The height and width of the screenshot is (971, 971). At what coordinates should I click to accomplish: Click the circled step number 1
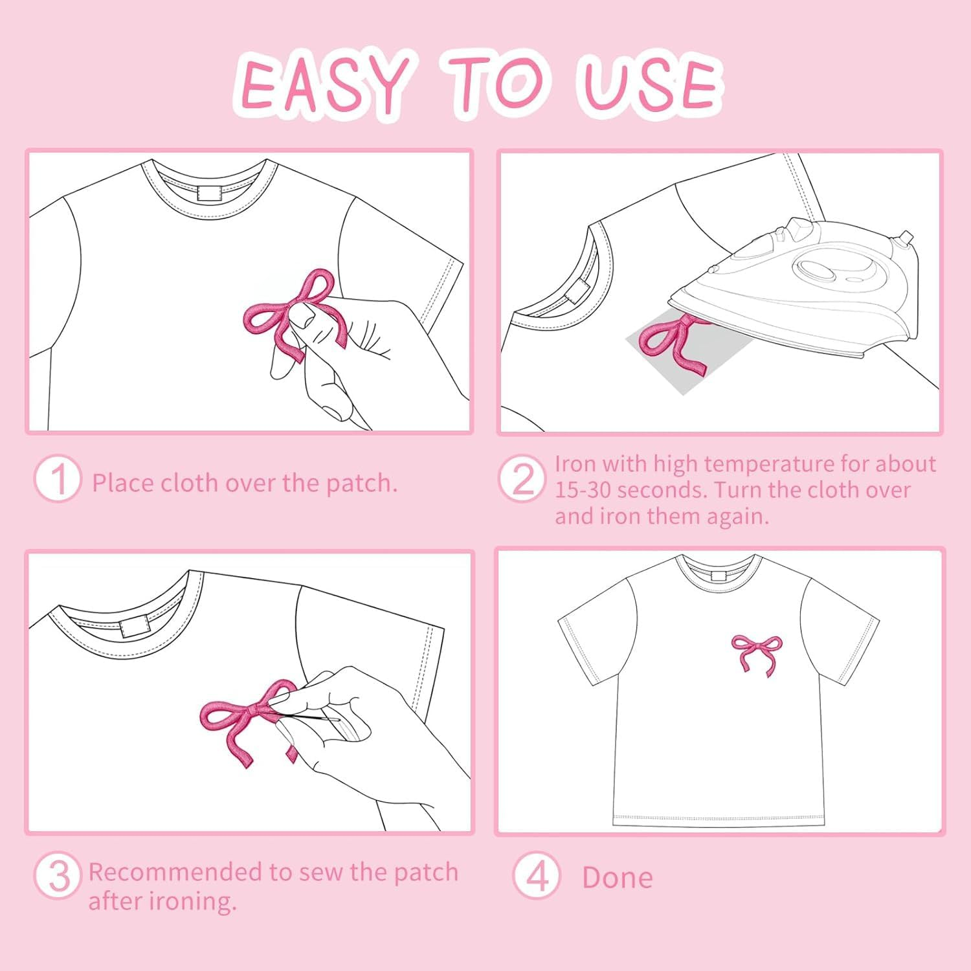[x=58, y=480]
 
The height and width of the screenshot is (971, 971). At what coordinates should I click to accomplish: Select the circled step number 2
[x=522, y=480]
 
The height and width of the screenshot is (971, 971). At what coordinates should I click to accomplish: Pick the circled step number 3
[x=58, y=875]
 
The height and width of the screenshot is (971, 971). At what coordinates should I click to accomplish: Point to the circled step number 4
[x=536, y=875]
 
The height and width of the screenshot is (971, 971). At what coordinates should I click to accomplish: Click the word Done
[x=618, y=878]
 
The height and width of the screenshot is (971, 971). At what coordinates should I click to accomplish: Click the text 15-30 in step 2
[x=582, y=490]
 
